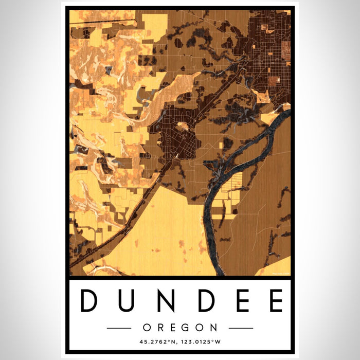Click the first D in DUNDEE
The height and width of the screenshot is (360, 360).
(x=89, y=301)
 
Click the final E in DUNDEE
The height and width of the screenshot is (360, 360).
(x=276, y=301)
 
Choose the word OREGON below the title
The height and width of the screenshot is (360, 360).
(x=180, y=328)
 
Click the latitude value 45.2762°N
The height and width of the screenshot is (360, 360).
(x=153, y=341)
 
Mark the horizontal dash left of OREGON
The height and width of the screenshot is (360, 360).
(x=119, y=328)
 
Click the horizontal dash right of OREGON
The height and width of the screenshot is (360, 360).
(x=241, y=328)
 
